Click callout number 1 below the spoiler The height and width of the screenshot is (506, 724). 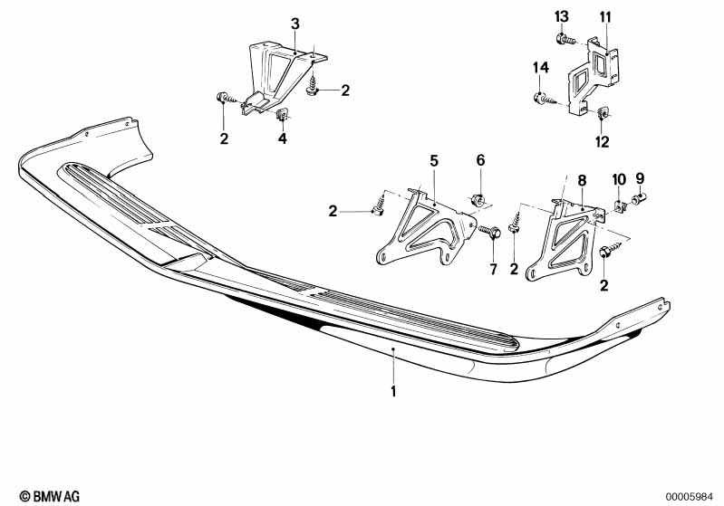click(393, 392)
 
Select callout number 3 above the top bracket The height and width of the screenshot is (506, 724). click(294, 23)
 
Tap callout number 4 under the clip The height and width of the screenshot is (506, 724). click(282, 139)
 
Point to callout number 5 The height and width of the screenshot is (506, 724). click(434, 160)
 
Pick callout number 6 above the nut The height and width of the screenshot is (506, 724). click(480, 160)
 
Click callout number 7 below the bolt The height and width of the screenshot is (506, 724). click(494, 269)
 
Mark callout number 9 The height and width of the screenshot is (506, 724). click(640, 177)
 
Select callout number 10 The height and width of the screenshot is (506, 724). click(619, 177)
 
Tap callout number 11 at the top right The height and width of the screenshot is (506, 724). click(605, 16)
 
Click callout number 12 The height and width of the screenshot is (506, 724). click(603, 141)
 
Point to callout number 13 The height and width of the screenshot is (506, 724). click(562, 16)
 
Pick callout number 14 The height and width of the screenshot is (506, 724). click(540, 68)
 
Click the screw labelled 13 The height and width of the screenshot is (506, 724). click(564, 39)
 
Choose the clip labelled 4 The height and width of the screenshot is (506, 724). click(283, 115)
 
